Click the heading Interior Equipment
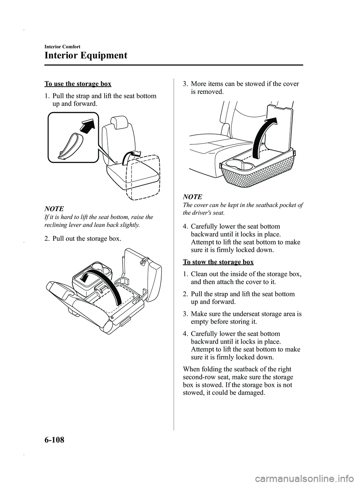(85, 56)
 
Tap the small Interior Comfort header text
(62, 47)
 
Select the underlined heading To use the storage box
(78, 84)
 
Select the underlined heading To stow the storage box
(218, 262)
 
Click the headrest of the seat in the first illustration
(119, 122)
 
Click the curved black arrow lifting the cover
(260, 135)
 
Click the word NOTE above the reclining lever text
(54, 209)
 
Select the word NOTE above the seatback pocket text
(192, 197)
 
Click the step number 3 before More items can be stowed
(185, 84)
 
